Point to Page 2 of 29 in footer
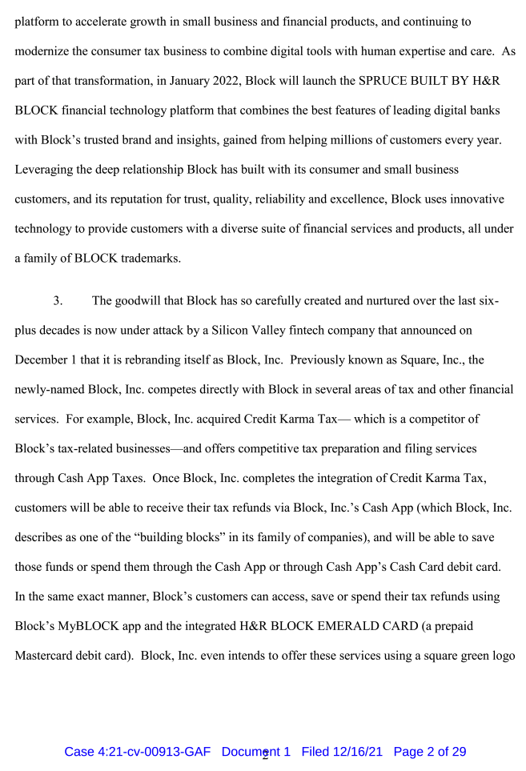[x=430, y=752]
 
